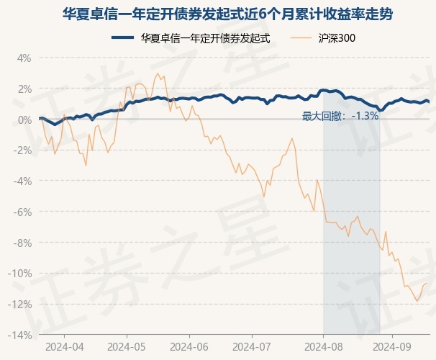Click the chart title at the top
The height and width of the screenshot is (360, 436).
217,14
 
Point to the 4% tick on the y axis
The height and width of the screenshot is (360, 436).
24,58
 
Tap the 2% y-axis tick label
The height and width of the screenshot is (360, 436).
24,89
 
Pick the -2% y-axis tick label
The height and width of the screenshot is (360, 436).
22,150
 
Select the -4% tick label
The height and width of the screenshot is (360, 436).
22,181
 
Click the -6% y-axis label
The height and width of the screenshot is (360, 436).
22,212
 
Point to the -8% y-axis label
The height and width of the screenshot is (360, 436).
22,243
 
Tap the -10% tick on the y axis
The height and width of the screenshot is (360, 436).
20,274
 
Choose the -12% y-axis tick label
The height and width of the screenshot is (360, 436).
20,305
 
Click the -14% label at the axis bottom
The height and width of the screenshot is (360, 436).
20,336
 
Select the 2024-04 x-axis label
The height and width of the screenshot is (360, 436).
63,346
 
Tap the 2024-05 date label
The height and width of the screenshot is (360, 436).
126,346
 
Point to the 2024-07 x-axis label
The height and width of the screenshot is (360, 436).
251,346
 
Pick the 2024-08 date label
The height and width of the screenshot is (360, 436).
323,346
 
